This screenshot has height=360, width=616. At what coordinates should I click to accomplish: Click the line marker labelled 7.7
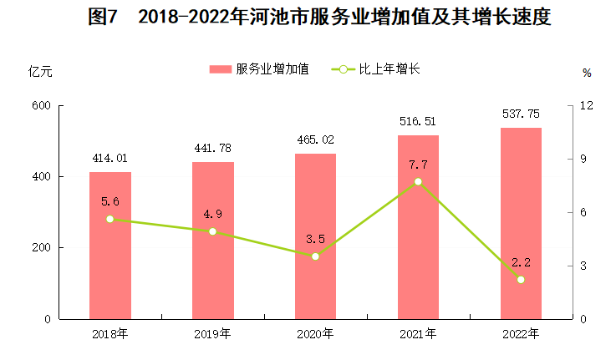[x=418, y=181]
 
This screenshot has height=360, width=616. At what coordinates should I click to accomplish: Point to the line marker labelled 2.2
[x=521, y=280]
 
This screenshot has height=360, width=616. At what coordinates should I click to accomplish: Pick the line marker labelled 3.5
[x=315, y=256]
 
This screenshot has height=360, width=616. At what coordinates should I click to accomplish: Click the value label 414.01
[x=110, y=158]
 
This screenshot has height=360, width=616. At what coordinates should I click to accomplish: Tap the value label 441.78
[x=212, y=148]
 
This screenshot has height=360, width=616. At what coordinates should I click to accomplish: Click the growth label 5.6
[x=110, y=200]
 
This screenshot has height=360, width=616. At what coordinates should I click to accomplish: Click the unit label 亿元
[x=39, y=71]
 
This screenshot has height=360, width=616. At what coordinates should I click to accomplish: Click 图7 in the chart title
[x=104, y=18]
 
